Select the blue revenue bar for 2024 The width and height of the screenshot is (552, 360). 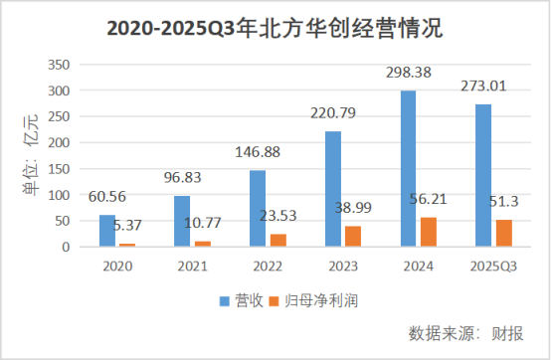click(x=409, y=168)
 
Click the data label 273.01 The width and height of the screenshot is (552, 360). click(x=484, y=87)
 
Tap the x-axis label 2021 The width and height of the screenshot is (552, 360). click(x=192, y=265)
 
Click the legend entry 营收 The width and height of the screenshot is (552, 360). click(x=241, y=299)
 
